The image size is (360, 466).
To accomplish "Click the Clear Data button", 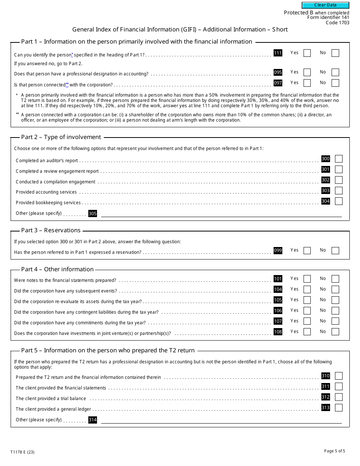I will (x=325, y=5).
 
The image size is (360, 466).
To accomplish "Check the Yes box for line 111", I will (x=307, y=53).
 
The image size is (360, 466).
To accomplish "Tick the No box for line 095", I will (x=335, y=72).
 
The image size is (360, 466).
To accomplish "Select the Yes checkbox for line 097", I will (x=307, y=83).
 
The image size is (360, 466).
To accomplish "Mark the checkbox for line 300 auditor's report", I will (x=339, y=159).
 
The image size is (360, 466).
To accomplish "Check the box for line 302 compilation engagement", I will (x=339, y=180).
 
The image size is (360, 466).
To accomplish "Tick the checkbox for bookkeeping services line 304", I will (x=339, y=201).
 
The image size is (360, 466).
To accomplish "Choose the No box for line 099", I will (x=335, y=250).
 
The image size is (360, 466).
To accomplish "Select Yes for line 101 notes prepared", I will (x=307, y=279).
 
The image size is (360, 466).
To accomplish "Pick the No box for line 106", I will (x=335, y=311).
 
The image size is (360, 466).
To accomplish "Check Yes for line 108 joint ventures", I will (x=307, y=332).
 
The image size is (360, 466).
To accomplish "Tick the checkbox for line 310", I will (x=339, y=376).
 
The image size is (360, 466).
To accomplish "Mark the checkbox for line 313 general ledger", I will (x=339, y=408).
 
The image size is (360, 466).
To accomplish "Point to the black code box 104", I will (x=278, y=289).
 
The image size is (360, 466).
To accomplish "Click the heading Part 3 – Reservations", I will (x=51, y=230).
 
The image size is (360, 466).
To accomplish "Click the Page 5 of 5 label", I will (x=335, y=451).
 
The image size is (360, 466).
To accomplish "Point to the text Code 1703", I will (x=337, y=22).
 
